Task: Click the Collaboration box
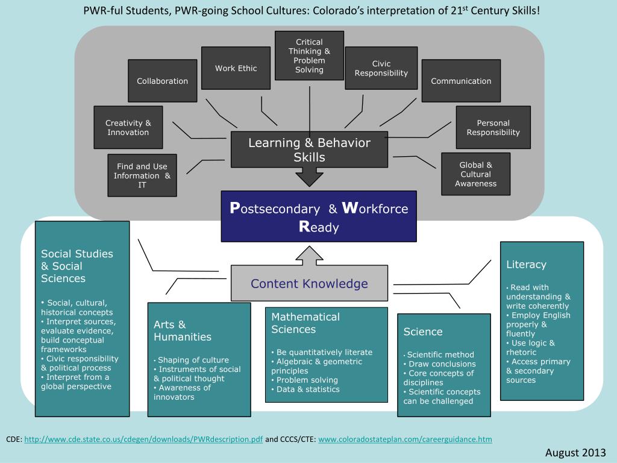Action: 163,81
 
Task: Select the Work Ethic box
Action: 236,68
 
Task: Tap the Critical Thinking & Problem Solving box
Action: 309,55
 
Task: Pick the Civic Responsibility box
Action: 381,68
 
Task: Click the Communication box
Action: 461,81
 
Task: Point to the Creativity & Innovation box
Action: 128,127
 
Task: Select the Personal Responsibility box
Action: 493,127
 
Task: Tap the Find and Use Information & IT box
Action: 142,175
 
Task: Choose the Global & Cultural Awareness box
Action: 476,174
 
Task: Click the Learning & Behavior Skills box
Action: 309,150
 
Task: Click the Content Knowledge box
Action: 309,283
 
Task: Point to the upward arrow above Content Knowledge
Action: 309,256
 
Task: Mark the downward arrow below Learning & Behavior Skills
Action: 309,177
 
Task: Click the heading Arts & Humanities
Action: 183,331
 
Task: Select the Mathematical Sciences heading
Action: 305,323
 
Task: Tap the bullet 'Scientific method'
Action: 439,354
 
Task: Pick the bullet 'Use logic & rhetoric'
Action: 530,348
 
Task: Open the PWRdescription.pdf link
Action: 143,439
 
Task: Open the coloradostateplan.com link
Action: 406,439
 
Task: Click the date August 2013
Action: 575,453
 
